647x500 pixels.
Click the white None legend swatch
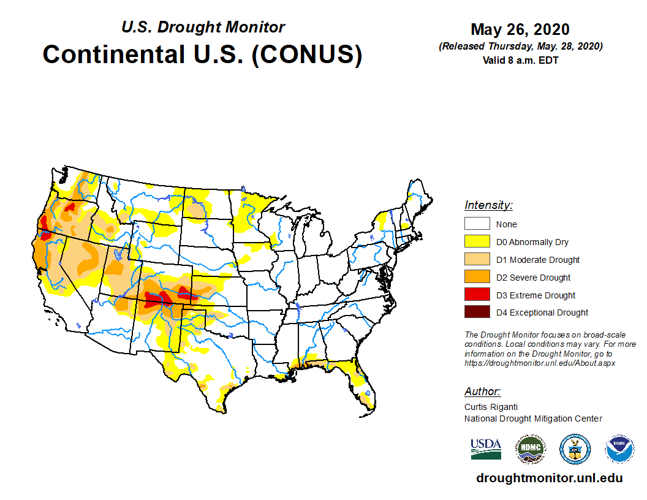[477, 224]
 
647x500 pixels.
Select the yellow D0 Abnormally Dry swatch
[477, 242]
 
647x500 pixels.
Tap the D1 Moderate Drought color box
[477, 260]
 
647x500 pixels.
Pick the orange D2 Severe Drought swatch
[477, 278]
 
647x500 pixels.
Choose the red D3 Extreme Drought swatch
[477, 295]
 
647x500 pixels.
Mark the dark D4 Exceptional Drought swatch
[477, 312]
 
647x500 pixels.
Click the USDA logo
[486, 449]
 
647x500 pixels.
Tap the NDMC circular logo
[530, 449]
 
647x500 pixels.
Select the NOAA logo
[620, 449]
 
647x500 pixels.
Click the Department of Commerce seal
[575, 449]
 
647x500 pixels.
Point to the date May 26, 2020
[520, 29]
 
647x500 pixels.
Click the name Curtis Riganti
[491, 407]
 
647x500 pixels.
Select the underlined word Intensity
[488, 205]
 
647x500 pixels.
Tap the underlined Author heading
[482, 392]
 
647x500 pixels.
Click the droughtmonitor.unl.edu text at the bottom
[549, 479]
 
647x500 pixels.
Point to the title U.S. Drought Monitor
[203, 28]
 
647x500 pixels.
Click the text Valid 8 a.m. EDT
[520, 60]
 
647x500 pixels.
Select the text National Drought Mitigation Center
[533, 419]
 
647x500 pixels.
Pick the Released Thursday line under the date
[520, 47]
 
